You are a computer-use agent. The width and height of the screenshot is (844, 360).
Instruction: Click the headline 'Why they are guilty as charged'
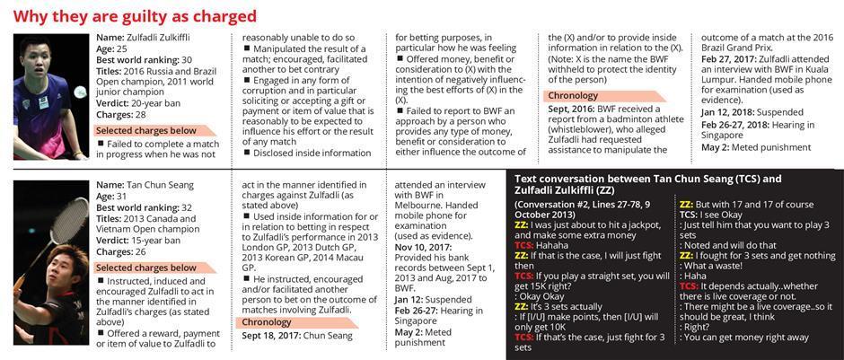coord(135,15)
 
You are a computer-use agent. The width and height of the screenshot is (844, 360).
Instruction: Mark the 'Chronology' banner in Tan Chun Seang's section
coord(278,321)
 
